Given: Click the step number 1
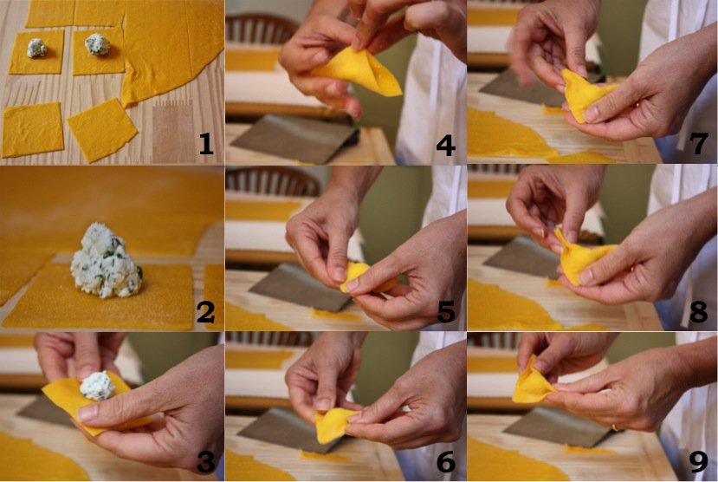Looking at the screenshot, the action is point(205,147).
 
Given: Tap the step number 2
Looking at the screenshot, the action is point(205,312).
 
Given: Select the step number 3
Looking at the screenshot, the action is point(205,461).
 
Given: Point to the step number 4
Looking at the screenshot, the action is point(445,146).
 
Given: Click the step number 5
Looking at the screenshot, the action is point(446,312).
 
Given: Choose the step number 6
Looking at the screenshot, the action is point(446,461).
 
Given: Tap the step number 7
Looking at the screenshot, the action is point(699,143).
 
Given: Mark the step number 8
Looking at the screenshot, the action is point(699,311).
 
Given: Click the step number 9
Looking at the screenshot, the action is point(699,461).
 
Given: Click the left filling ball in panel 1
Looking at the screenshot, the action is point(36,48).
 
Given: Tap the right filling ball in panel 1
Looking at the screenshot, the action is point(97,44).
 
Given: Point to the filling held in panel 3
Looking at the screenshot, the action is point(98,385).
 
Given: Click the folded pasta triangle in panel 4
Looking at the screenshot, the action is point(357,74).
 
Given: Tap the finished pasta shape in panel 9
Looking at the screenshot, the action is point(534,381).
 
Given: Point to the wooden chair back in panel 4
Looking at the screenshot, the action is point(261,29).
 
